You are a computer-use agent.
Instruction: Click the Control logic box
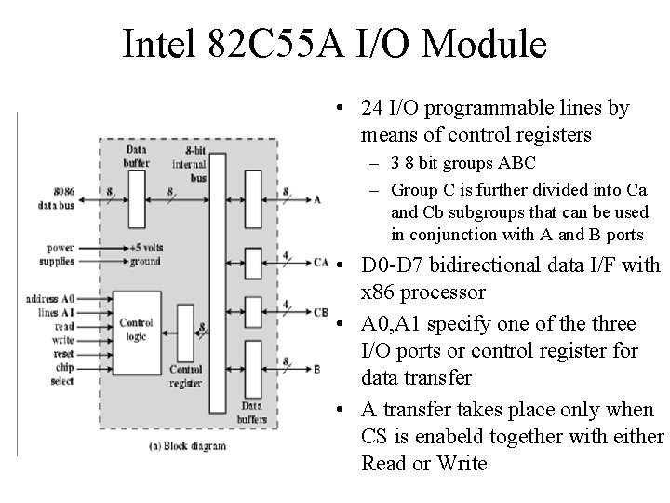coord(137,333)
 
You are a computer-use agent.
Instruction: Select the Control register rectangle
coord(185,333)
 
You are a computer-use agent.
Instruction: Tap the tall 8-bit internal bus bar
coord(218,283)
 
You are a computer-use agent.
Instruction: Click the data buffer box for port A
coord(253,199)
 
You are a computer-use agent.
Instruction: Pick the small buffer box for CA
coord(253,264)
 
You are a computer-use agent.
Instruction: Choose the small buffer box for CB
coord(253,312)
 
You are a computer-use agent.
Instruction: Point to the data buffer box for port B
coord(253,370)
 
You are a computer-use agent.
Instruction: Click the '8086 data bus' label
coord(57,198)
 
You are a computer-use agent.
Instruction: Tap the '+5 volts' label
coord(147,248)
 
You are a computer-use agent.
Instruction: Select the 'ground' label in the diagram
coord(145,262)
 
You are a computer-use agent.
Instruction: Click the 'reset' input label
coord(63,354)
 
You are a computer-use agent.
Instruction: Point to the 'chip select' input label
coord(63,374)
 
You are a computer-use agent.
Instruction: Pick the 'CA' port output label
coord(321,262)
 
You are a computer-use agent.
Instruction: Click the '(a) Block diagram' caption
coord(187,446)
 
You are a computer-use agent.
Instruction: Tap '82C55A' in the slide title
coord(275,43)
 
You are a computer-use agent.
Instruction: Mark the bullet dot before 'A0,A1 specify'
coord(340,324)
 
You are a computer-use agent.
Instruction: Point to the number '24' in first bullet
coord(371,108)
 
